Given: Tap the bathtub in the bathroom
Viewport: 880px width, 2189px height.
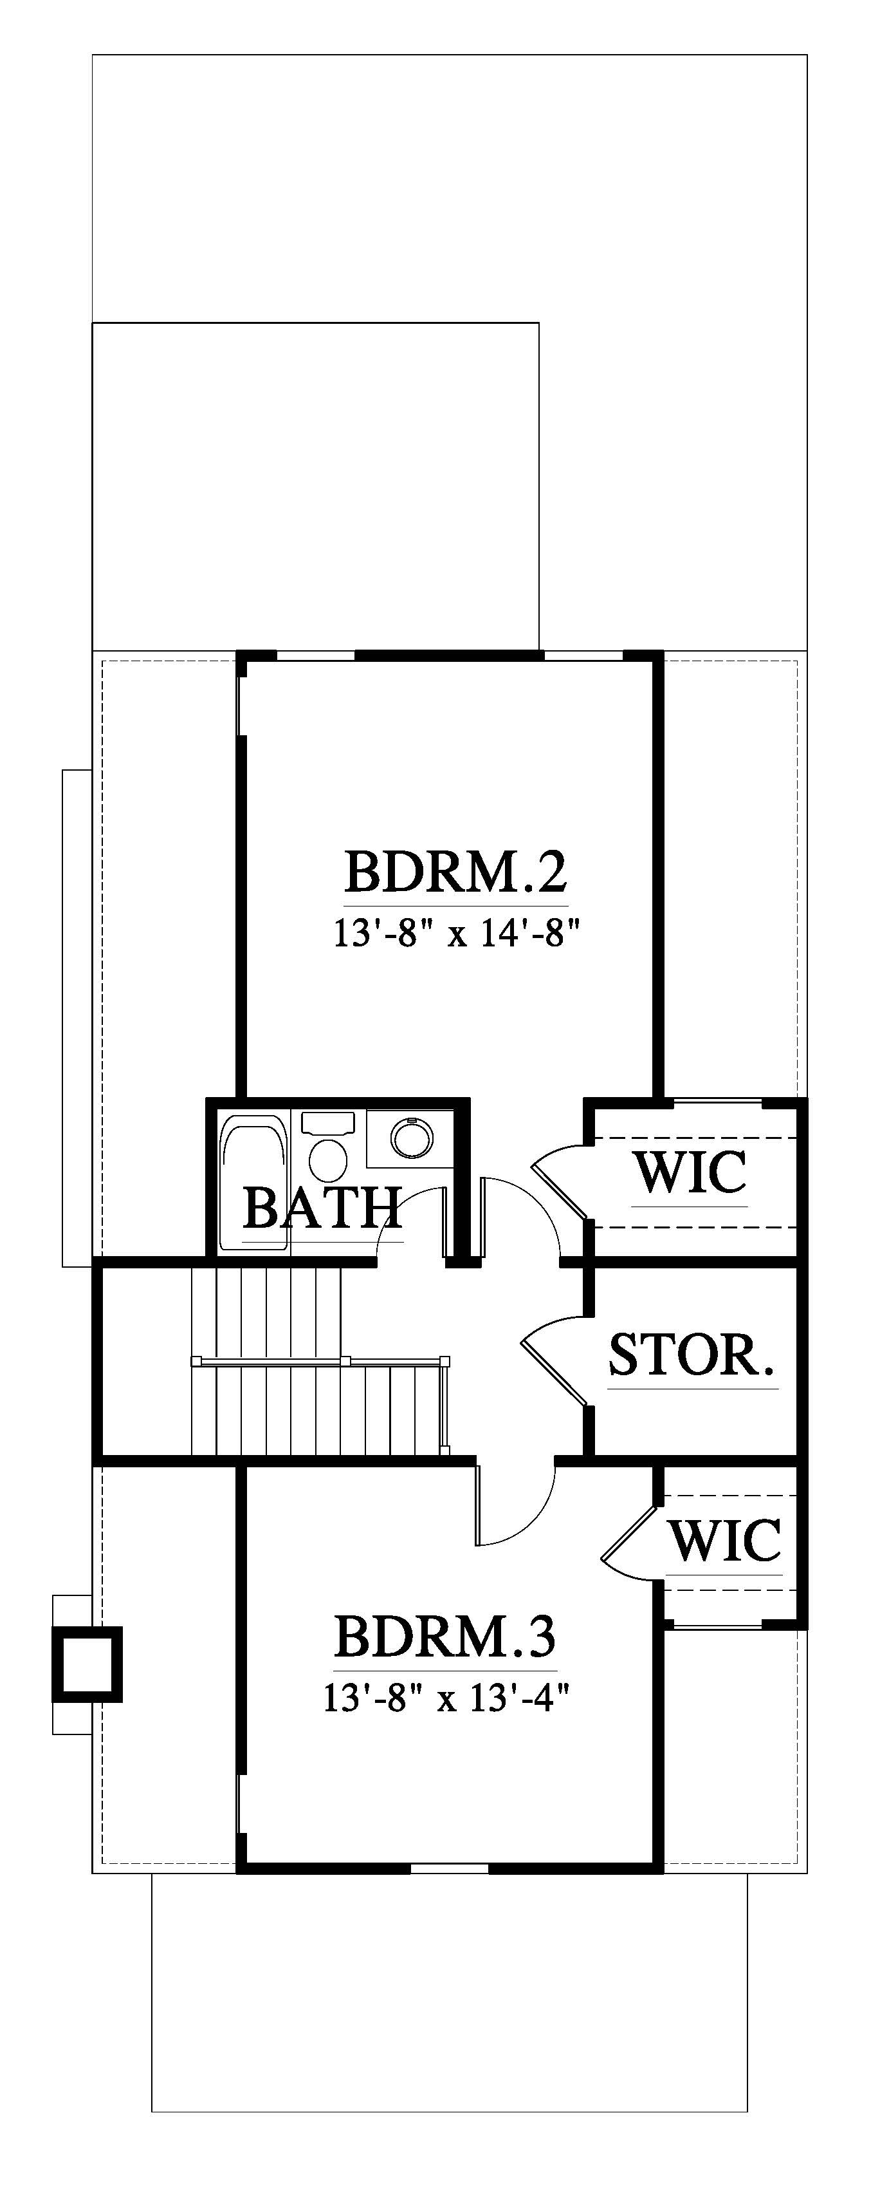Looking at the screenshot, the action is click(x=254, y=1182).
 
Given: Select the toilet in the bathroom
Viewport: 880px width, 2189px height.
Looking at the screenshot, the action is click(x=328, y=1147).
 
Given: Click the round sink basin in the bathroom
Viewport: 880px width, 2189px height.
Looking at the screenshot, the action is click(x=412, y=1136).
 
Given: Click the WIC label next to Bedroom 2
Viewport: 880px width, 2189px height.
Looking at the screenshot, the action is click(x=690, y=1172).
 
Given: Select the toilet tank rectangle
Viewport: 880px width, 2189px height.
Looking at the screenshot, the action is click(x=328, y=1123).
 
